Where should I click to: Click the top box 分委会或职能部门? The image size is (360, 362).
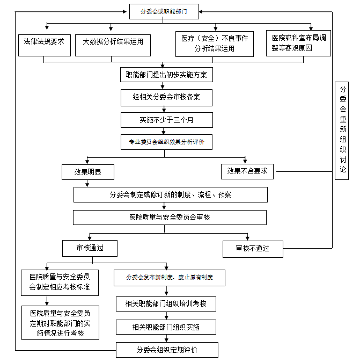(x=164, y=11)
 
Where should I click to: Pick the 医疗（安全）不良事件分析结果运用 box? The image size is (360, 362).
(x=215, y=44)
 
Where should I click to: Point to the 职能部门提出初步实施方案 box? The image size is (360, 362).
(x=167, y=75)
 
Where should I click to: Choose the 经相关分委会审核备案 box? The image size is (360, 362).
(x=167, y=98)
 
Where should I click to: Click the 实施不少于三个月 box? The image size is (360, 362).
(x=167, y=120)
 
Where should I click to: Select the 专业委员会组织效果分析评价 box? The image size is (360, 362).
(x=167, y=142)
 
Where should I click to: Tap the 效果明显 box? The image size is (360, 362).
(x=87, y=172)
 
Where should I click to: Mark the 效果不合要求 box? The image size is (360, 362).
(x=247, y=171)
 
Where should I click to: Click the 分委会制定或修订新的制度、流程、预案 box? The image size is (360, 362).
(x=170, y=194)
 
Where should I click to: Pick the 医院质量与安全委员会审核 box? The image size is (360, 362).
(x=170, y=217)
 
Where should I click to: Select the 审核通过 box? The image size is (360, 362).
(x=90, y=248)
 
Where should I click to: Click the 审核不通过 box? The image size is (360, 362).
(x=252, y=249)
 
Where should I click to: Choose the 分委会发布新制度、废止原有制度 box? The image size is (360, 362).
(x=170, y=278)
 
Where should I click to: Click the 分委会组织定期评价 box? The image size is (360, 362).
(x=167, y=350)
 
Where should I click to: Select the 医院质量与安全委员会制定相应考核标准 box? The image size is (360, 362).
(x=60, y=282)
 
